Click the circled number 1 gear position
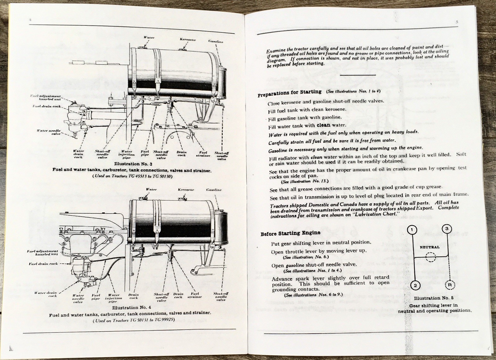pos(412,230)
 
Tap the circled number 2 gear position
pos(415,285)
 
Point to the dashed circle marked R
pos(449,284)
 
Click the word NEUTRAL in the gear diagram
pos(429,247)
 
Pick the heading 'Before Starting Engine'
pos(290,233)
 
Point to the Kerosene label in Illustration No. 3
pos(188,40)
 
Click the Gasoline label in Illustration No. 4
pos(214,190)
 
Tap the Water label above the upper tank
pos(149,37)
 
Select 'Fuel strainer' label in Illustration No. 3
pos(203,154)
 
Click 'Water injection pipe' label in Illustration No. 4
pos(113,298)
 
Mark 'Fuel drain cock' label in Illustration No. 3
pos(47,106)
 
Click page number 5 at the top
pos(457,22)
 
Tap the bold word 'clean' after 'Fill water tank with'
pos(323,125)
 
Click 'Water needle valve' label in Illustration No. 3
pos(49,132)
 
